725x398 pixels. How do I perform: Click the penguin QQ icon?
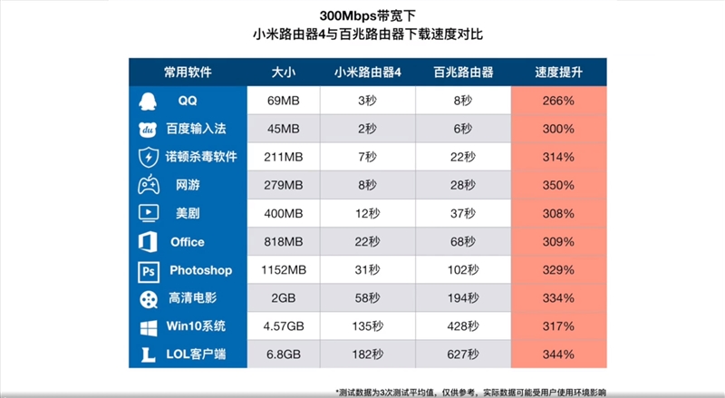[148, 100]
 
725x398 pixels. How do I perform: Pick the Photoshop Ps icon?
[148, 270]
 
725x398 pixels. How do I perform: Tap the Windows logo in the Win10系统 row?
[148, 327]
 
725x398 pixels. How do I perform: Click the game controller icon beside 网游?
[148, 185]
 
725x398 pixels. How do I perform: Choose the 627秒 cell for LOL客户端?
[462, 355]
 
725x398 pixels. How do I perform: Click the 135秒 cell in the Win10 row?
[367, 327]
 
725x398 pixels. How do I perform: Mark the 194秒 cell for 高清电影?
[462, 298]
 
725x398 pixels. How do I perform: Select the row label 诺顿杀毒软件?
[200, 157]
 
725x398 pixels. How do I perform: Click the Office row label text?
[188, 242]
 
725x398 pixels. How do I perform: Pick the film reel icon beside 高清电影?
[148, 298]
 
